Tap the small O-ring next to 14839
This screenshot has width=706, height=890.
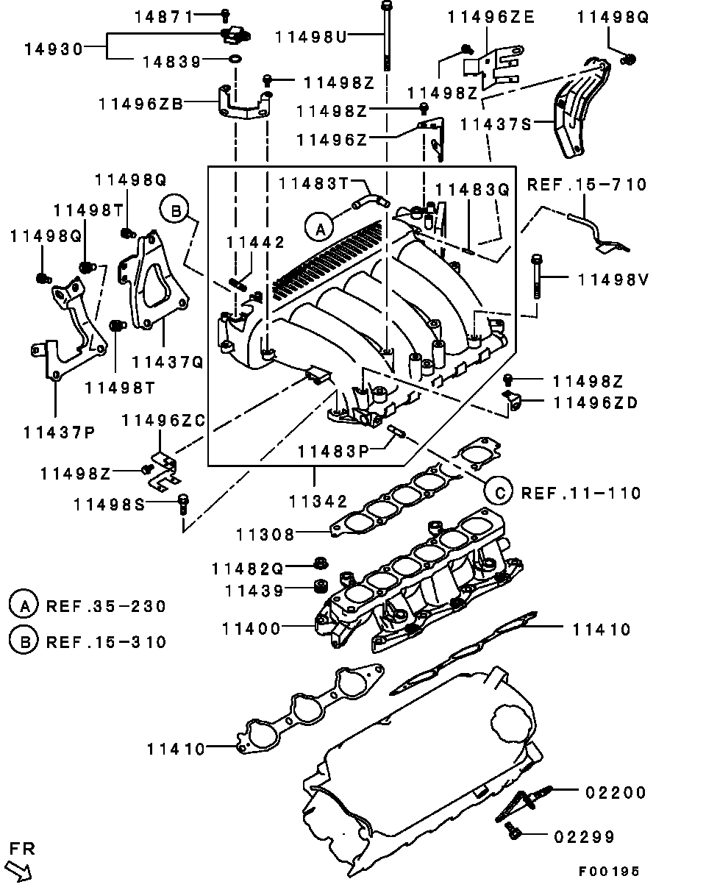233,60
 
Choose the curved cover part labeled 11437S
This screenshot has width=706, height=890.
578,110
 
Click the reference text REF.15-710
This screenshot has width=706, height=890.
586,184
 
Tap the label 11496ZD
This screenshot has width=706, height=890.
595,402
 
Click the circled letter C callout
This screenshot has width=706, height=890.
499,492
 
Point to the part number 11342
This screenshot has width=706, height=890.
317,502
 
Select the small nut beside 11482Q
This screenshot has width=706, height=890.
321,564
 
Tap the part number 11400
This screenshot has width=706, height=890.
252,628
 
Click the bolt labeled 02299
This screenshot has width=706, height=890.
513,832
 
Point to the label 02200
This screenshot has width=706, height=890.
616,793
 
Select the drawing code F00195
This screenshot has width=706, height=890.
608,872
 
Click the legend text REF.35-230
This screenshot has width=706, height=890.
106,607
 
